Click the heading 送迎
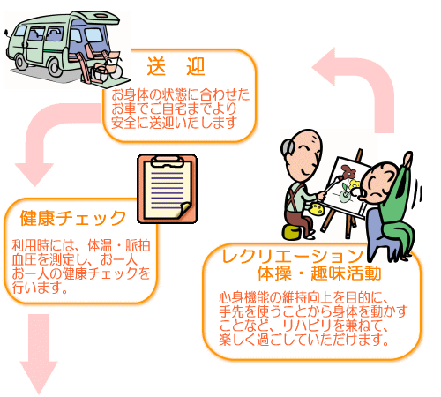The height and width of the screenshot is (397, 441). point(176,66)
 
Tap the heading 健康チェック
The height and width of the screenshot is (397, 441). point(73,218)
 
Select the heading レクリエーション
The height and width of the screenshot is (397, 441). point(293,256)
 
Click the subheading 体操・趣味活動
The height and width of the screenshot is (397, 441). point(319,273)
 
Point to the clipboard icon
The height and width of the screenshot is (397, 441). point(167,189)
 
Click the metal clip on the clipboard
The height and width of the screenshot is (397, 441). point(167,161)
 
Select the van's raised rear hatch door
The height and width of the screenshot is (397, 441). point(95,19)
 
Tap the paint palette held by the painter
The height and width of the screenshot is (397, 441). point(317,209)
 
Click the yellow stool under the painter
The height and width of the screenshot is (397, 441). point(292,231)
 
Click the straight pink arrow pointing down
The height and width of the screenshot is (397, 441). point(39,353)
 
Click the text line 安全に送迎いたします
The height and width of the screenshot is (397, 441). point(174,123)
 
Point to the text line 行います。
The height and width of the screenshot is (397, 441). point(40,288)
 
